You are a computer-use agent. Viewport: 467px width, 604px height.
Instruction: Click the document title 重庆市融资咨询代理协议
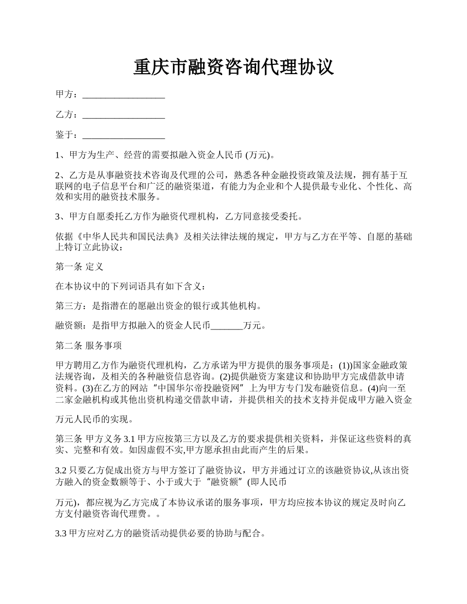coord(233,67)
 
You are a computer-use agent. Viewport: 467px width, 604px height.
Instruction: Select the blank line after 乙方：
coord(123,115)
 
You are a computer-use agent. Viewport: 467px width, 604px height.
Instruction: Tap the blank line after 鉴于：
coord(123,135)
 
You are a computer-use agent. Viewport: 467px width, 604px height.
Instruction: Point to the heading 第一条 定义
coord(79,267)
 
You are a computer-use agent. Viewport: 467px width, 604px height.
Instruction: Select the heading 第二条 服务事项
coord(88,345)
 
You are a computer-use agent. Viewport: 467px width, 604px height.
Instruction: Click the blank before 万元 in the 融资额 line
coord(227,325)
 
